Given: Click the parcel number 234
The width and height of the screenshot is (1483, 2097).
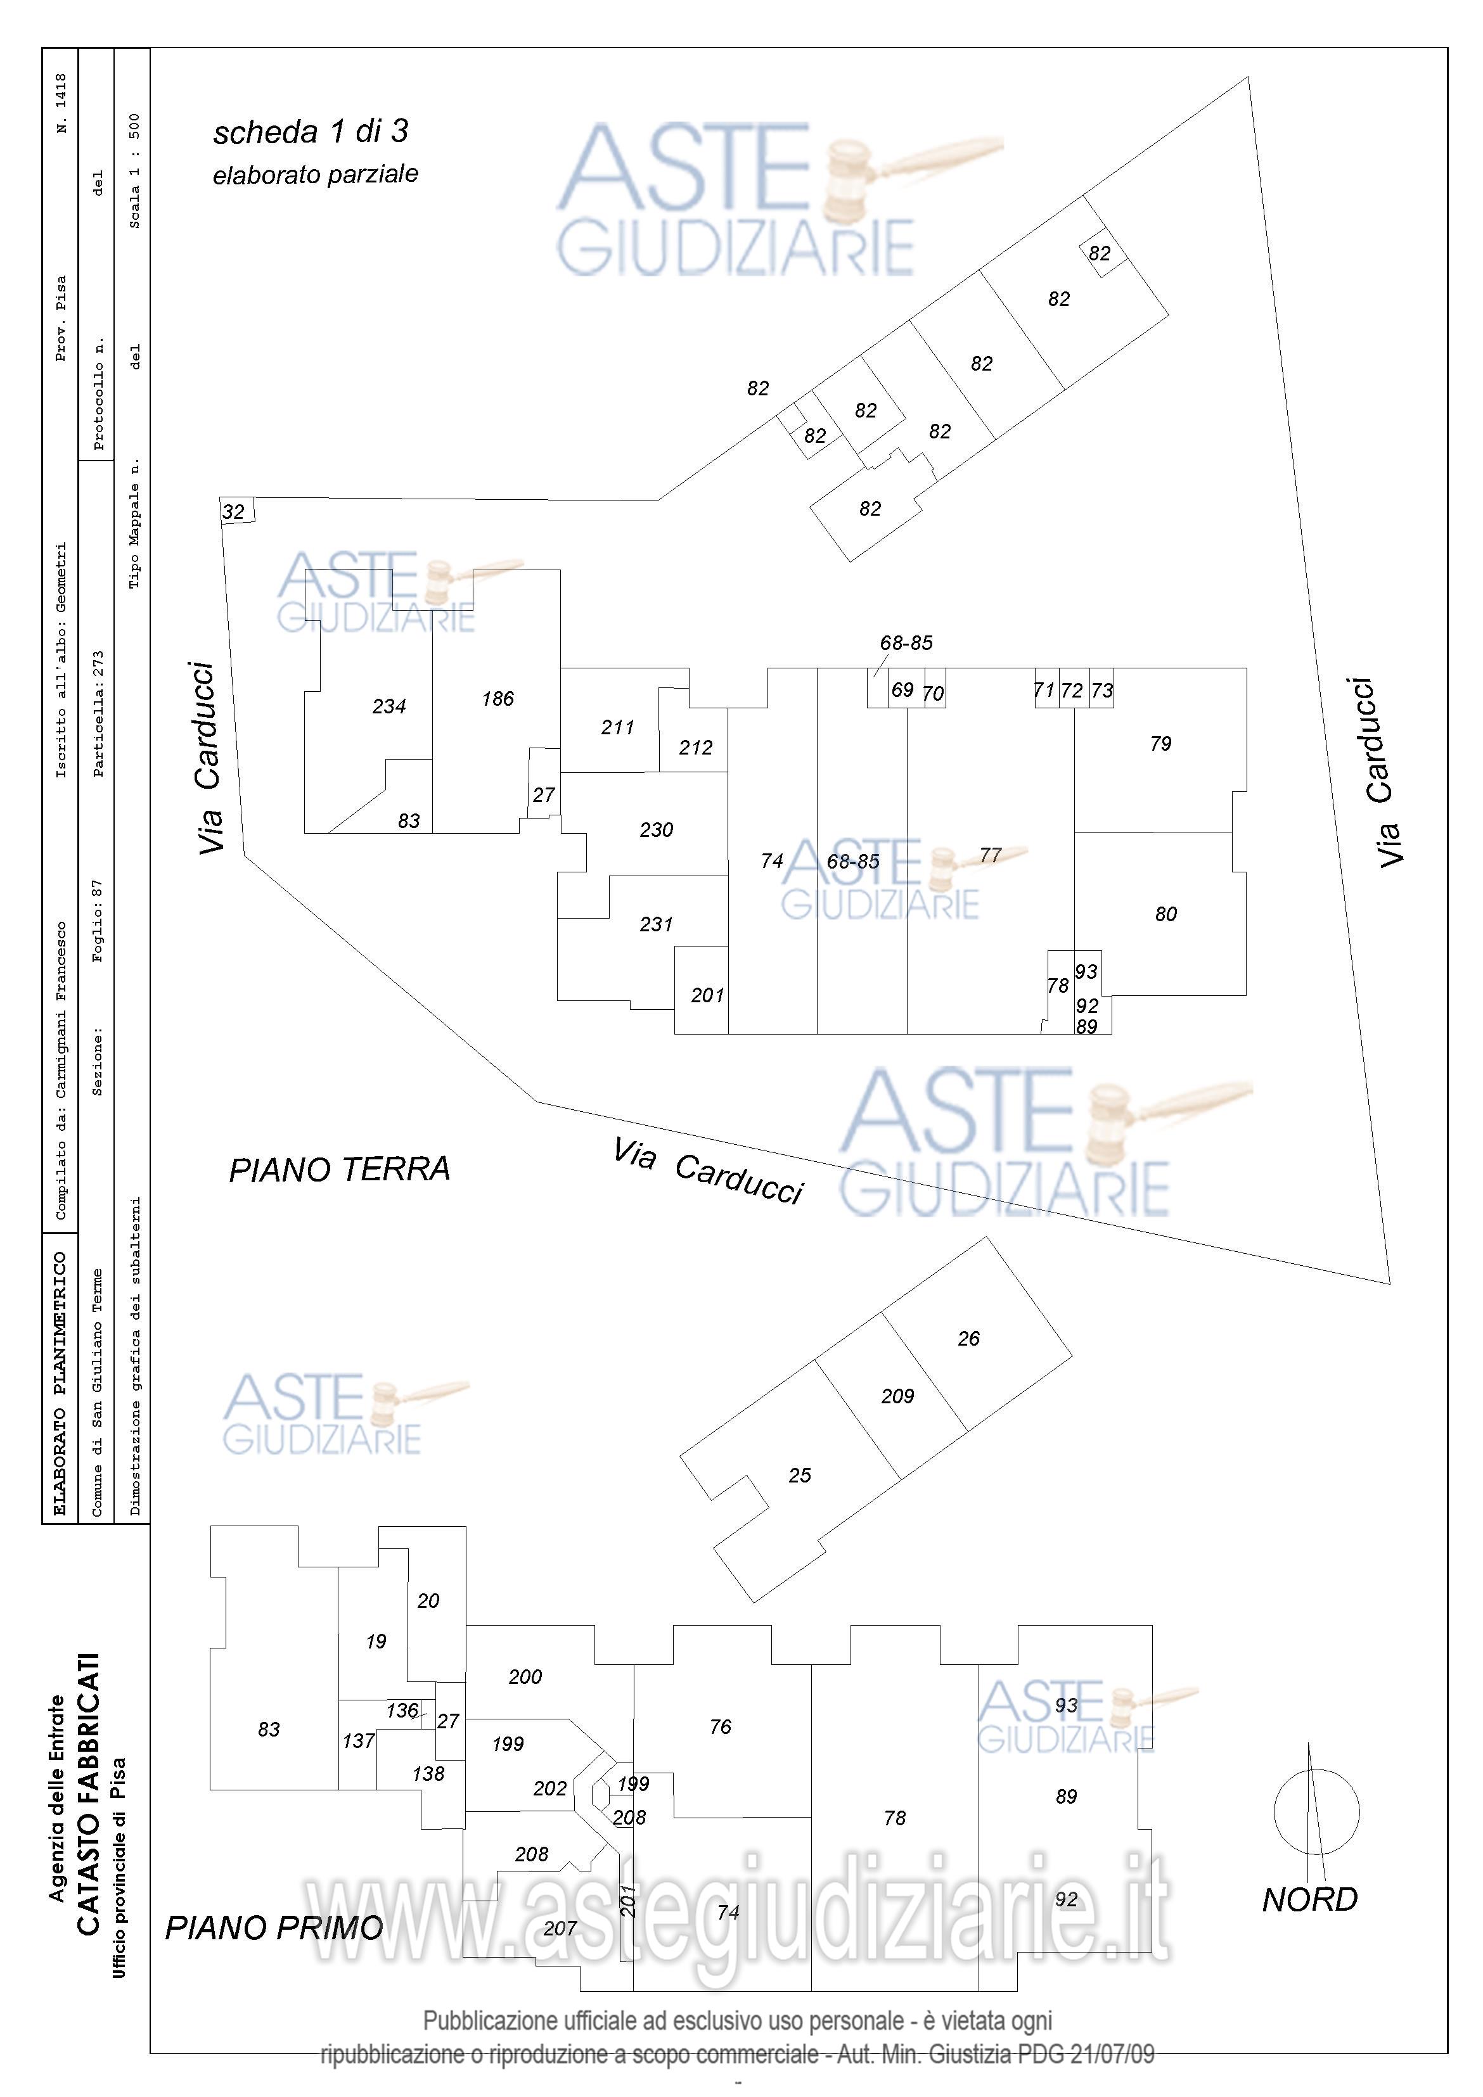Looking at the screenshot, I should tap(388, 706).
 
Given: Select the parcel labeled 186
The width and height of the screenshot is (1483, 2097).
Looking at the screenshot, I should tap(498, 699).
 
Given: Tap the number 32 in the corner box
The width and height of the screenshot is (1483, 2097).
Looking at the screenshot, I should tap(234, 511).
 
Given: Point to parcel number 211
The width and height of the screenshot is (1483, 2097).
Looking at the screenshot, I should tap(618, 727).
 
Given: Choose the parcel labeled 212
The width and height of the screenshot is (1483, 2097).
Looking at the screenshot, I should tap(695, 747).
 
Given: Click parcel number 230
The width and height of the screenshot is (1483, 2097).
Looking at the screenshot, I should tap(656, 829).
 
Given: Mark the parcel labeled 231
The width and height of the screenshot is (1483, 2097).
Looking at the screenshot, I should tap(656, 924).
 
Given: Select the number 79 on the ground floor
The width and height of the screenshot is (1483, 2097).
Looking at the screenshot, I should tap(1160, 743).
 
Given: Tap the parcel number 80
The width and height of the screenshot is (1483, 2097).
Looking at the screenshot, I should tap(1166, 914).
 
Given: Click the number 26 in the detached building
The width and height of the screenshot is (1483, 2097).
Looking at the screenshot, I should tap(968, 1339).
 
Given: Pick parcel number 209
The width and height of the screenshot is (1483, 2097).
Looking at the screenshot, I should tap(897, 1396).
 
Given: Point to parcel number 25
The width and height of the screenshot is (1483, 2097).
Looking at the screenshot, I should tap(800, 1475).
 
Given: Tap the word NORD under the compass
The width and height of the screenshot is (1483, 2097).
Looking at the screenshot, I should tap(1309, 1900).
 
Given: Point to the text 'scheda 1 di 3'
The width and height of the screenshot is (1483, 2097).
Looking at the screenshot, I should tap(311, 132).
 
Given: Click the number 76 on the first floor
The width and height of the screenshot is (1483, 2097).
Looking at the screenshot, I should tap(720, 1727).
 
